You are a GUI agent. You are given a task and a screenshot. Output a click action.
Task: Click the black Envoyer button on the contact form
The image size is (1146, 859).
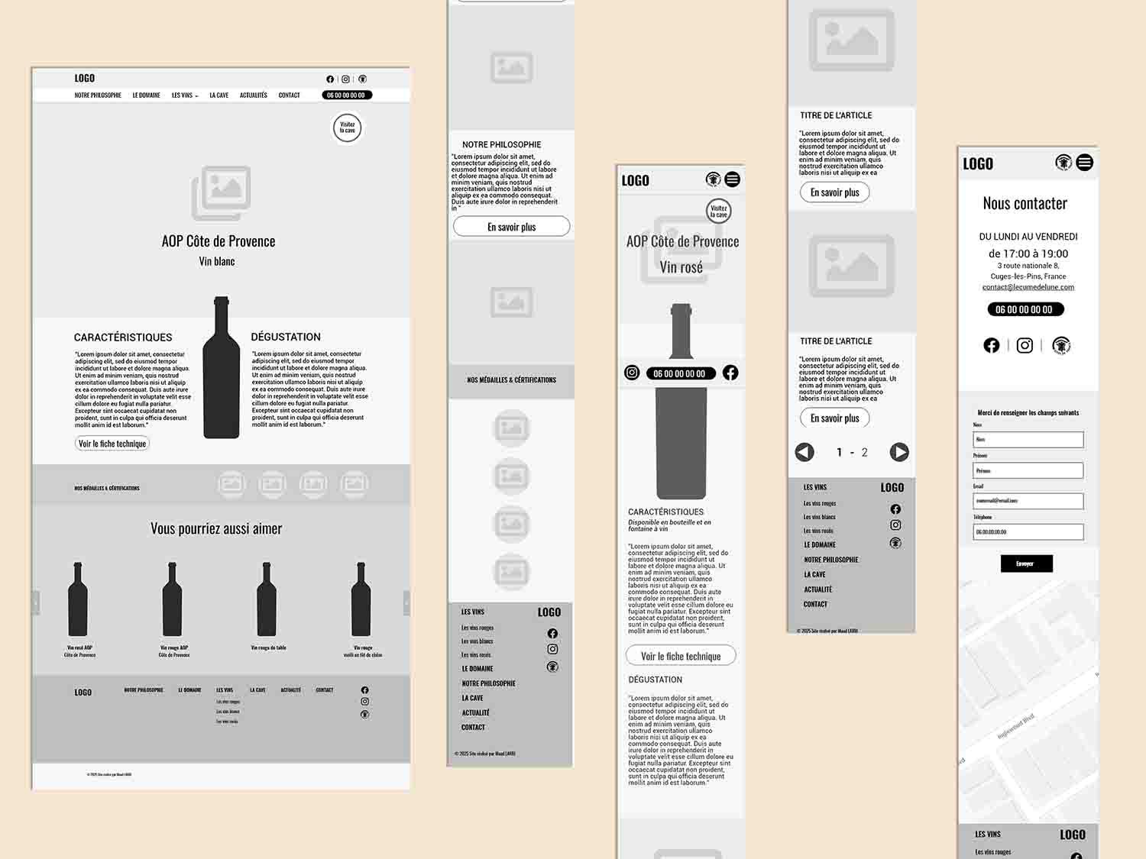(1026, 564)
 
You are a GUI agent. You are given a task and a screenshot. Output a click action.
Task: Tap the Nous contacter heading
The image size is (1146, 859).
(1025, 204)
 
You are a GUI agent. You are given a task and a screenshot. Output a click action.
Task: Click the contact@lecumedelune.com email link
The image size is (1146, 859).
(1028, 287)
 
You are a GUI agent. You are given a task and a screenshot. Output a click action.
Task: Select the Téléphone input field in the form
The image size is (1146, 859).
(1028, 531)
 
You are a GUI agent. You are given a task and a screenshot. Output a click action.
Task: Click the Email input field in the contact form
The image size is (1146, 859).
(1028, 501)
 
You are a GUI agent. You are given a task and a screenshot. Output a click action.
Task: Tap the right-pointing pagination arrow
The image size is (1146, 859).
(899, 452)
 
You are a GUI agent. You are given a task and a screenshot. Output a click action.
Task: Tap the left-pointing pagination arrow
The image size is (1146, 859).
(804, 452)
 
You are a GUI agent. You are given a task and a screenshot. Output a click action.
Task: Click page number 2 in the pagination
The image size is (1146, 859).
(865, 453)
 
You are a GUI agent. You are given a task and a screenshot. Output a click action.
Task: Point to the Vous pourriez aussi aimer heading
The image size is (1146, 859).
(216, 528)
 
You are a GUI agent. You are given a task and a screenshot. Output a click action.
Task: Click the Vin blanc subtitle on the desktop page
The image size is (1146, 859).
(217, 261)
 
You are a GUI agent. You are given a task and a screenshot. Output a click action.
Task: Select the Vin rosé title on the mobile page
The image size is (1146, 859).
(681, 267)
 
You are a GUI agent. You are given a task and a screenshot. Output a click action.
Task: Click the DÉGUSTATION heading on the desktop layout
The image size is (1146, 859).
(286, 337)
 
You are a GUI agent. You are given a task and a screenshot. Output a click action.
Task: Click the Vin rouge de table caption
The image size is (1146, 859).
(268, 647)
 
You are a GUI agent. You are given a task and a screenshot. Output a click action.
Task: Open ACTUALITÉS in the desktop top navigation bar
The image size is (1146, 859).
(253, 95)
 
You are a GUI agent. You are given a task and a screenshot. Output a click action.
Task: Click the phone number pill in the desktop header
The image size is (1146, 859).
(346, 95)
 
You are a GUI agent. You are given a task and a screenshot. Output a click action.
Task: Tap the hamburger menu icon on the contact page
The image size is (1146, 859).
(1084, 163)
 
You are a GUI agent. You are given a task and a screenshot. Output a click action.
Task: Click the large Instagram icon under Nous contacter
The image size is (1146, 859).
(1025, 346)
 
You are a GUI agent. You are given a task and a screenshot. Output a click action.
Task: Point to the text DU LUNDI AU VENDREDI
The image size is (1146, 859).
(1028, 237)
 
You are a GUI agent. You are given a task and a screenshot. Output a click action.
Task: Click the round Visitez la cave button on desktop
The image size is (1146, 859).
(347, 128)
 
